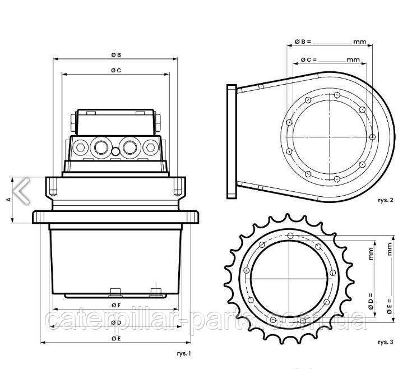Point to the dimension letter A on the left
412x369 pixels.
tap(7, 199)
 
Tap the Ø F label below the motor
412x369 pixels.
tap(114, 305)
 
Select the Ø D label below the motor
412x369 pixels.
tap(114, 322)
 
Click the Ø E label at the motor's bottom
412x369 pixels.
tap(114, 339)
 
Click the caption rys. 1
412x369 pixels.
tap(184, 353)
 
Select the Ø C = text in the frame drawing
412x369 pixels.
tap(309, 59)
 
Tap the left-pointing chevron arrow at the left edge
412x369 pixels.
tap(22, 190)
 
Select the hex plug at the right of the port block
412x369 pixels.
tap(150, 147)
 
